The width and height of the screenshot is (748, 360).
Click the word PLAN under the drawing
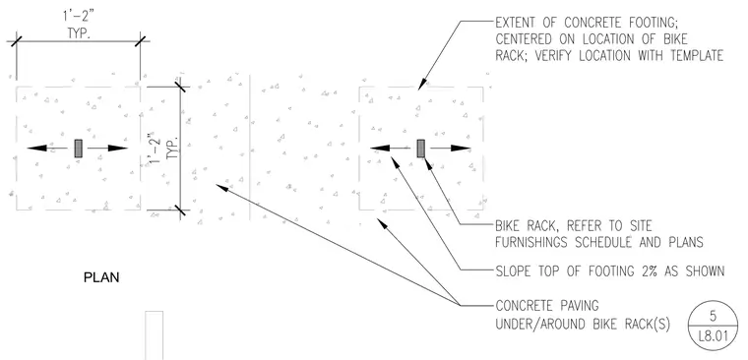click(x=101, y=277)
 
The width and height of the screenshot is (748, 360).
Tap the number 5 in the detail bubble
click(x=713, y=316)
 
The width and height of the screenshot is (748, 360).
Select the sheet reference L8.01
click(x=714, y=336)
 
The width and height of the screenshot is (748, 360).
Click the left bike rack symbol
click(x=78, y=149)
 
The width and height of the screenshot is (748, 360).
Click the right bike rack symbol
click(x=421, y=149)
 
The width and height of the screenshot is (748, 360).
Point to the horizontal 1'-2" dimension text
click(x=79, y=18)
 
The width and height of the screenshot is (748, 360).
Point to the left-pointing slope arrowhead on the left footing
click(x=37, y=149)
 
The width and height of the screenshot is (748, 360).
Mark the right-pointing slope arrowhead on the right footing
click(x=461, y=149)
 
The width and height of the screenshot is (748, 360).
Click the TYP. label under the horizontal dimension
click(x=79, y=34)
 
